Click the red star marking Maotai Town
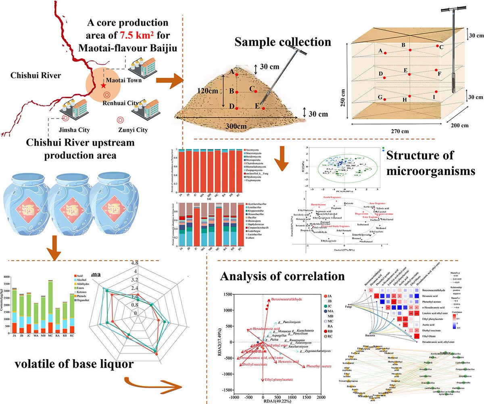(103, 86)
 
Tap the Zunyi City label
(131, 130)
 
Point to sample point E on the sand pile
(263, 108)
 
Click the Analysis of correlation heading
(282, 276)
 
